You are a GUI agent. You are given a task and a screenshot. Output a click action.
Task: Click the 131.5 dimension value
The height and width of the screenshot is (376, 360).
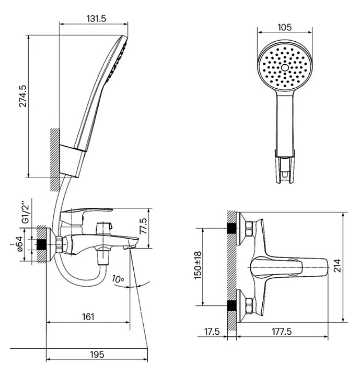click(96, 18)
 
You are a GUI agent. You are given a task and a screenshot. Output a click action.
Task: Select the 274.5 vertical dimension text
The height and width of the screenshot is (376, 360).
click(24, 96)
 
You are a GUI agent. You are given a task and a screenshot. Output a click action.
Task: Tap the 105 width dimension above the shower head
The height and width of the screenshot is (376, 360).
click(285, 27)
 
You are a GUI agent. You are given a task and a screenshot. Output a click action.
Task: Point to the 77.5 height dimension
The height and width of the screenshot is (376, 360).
click(143, 226)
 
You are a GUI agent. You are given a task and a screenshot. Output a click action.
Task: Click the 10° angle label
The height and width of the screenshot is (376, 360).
click(118, 279)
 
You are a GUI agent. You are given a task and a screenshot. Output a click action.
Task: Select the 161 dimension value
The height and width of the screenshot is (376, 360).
click(88, 317)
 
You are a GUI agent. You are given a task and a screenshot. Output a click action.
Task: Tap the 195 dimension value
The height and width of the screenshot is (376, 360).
click(97, 354)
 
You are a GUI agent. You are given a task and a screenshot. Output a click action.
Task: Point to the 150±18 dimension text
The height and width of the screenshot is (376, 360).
click(198, 265)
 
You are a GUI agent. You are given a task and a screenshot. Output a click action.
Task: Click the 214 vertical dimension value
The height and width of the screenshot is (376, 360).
click(337, 265)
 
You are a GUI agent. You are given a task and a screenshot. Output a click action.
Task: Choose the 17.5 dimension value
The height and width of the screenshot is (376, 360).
click(212, 332)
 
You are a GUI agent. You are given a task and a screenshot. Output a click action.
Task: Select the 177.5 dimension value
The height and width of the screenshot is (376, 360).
click(282, 332)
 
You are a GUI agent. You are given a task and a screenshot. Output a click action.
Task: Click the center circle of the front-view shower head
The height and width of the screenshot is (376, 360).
click(285, 68)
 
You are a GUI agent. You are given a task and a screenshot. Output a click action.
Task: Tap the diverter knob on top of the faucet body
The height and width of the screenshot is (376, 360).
click(104, 229)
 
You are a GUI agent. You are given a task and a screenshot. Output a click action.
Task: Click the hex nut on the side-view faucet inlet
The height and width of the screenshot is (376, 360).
click(59, 244)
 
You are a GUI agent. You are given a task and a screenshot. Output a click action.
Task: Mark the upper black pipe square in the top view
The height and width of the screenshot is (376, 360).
click(231, 228)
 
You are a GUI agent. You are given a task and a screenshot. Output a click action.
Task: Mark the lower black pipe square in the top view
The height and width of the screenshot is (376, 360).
click(231, 305)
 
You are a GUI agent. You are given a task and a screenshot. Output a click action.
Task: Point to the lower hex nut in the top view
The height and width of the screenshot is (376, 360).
click(249, 305)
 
